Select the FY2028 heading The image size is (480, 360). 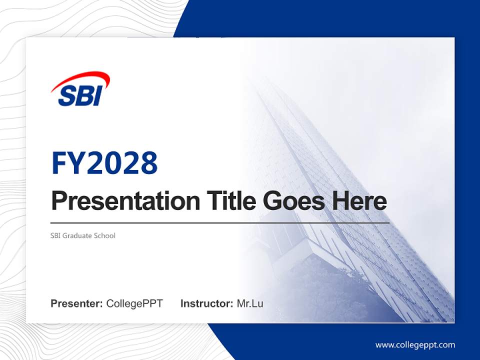(x=104, y=163)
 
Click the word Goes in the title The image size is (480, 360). (x=292, y=201)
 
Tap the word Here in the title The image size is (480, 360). (x=359, y=201)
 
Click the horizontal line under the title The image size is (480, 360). (x=220, y=222)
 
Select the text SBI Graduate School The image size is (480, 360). (x=83, y=235)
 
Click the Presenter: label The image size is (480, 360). (x=77, y=303)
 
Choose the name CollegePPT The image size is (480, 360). (x=134, y=303)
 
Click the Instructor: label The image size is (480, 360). (x=206, y=303)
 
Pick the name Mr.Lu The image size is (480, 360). (x=250, y=303)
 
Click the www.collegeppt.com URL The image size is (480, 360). (x=415, y=345)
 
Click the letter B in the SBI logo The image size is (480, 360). (x=83, y=95)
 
